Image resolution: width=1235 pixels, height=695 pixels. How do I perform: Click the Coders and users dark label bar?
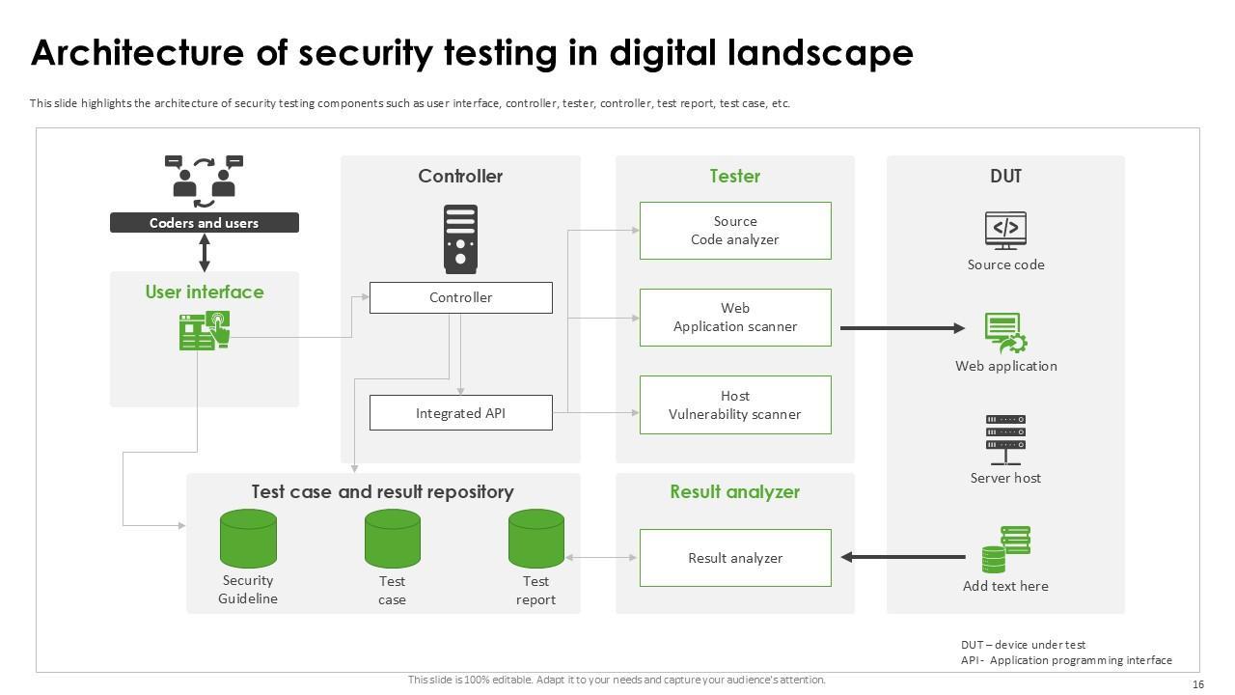tap(204, 223)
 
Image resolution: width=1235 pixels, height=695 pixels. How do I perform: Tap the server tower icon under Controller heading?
tap(460, 239)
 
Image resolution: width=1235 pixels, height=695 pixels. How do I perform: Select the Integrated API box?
tap(461, 412)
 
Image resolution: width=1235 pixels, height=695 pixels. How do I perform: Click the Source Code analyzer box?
tap(735, 231)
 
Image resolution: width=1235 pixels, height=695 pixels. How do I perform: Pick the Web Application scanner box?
tap(735, 318)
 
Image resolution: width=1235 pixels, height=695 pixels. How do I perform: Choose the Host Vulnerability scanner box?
tap(735, 404)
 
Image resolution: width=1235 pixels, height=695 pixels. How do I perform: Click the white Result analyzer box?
tap(735, 558)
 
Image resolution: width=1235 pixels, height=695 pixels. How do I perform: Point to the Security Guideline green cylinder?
tap(248, 539)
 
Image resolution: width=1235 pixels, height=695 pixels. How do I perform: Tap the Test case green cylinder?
tap(392, 539)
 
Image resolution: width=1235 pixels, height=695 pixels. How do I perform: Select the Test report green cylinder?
tap(535, 539)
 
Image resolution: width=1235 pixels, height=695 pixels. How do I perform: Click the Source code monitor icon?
tap(1005, 231)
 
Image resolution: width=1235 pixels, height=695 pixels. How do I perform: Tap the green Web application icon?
tap(1005, 333)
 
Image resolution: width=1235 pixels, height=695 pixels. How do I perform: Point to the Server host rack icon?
tap(1005, 440)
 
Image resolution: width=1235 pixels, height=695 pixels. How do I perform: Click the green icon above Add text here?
tap(1006, 549)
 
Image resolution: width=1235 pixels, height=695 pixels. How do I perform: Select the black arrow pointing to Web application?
tap(902, 328)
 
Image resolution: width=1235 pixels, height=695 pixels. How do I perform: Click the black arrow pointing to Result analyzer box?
tap(903, 557)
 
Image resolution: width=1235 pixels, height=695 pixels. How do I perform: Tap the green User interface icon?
tap(205, 330)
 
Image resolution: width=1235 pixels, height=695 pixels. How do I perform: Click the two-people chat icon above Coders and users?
tap(204, 181)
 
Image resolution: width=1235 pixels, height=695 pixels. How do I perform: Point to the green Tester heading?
tap(735, 176)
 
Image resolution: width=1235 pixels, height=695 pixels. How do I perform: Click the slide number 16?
tap(1198, 684)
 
